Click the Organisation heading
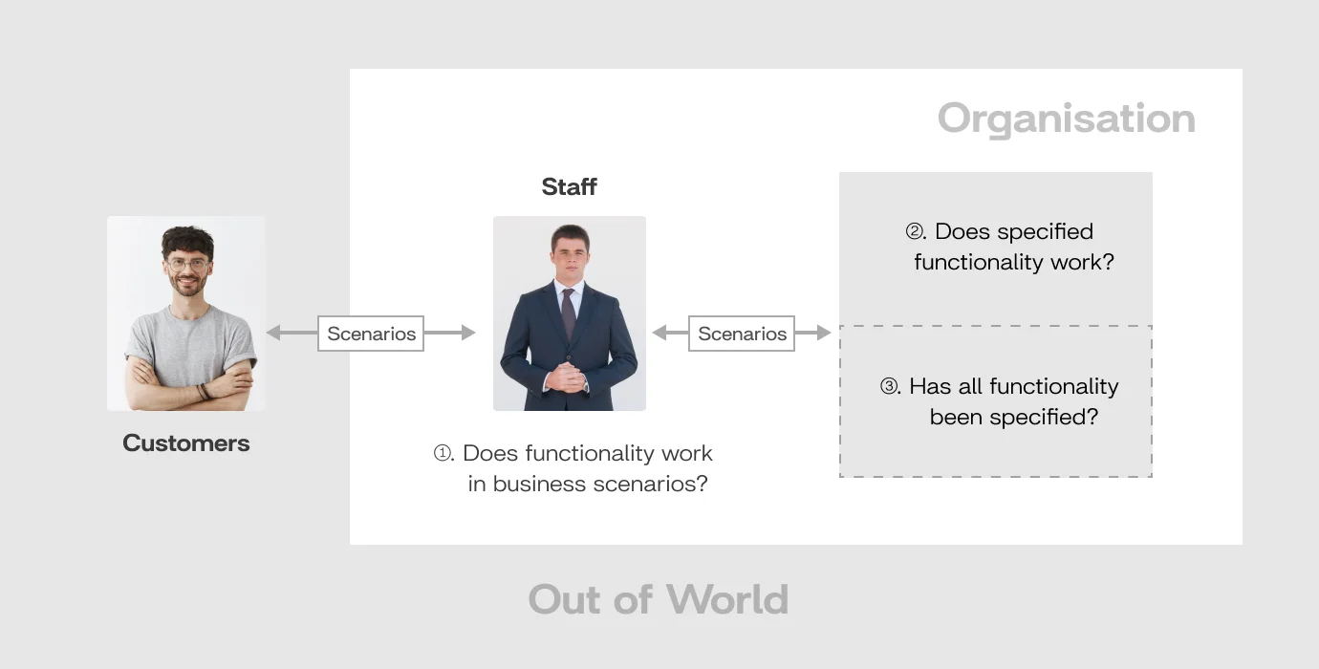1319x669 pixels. tap(1067, 119)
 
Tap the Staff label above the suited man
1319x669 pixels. tap(569, 186)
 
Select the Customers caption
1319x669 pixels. tap(186, 442)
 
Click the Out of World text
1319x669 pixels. tap(659, 599)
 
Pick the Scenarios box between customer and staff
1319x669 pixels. tap(371, 334)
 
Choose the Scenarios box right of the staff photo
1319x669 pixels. tap(742, 334)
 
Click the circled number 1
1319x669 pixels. tap(443, 453)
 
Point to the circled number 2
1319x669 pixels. tap(915, 231)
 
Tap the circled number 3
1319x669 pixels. tap(889, 386)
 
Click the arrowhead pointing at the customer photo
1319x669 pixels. tap(273, 333)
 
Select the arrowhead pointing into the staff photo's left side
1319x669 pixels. tap(468, 333)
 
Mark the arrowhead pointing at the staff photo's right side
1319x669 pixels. tap(659, 333)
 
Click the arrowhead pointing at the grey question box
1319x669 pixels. tap(824, 333)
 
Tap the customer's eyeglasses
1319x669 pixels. tap(188, 265)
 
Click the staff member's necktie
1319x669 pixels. tap(569, 313)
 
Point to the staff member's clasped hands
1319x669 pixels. tap(567, 377)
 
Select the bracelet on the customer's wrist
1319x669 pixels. tap(204, 391)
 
